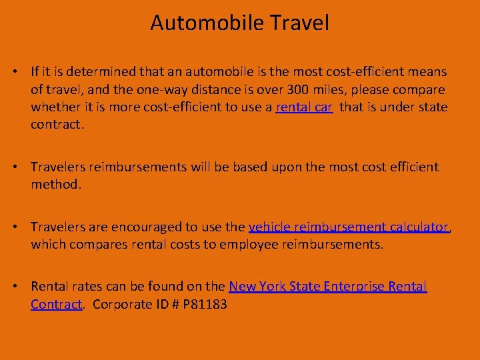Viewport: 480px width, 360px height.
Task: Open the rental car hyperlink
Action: click(x=304, y=107)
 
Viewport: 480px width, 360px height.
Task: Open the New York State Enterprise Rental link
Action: click(x=327, y=287)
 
